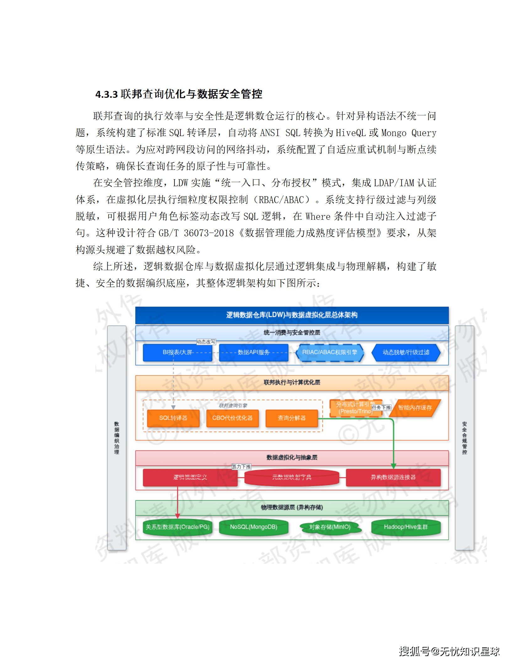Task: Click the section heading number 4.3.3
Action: click(106, 94)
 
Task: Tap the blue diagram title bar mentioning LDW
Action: click(292, 315)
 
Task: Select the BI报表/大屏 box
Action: click(177, 352)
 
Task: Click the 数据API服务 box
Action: click(253, 352)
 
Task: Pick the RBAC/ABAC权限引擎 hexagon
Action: click(329, 352)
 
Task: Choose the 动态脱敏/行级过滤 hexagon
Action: click(406, 352)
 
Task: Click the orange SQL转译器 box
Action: click(173, 418)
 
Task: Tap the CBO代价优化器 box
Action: click(232, 418)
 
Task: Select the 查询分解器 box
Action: click(291, 418)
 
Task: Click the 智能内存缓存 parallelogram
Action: click(415, 408)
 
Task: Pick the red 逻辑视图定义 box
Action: click(190, 477)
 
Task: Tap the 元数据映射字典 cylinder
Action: click(291, 477)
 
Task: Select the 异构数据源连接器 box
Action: click(393, 477)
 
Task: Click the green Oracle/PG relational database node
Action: click(177, 527)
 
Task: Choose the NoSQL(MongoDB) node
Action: click(253, 527)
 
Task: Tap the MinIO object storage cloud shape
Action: click(329, 527)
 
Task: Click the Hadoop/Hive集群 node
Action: click(406, 527)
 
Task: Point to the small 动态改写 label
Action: click(206, 342)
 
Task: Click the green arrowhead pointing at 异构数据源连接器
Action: click(393, 466)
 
